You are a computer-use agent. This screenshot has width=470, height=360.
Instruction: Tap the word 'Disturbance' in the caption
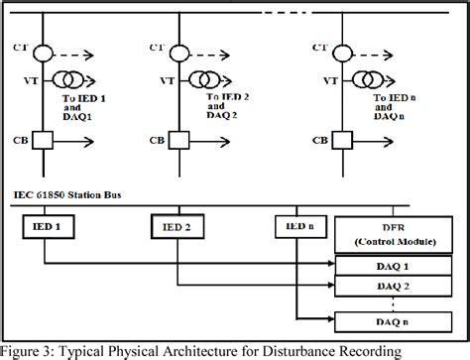tap(329, 350)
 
